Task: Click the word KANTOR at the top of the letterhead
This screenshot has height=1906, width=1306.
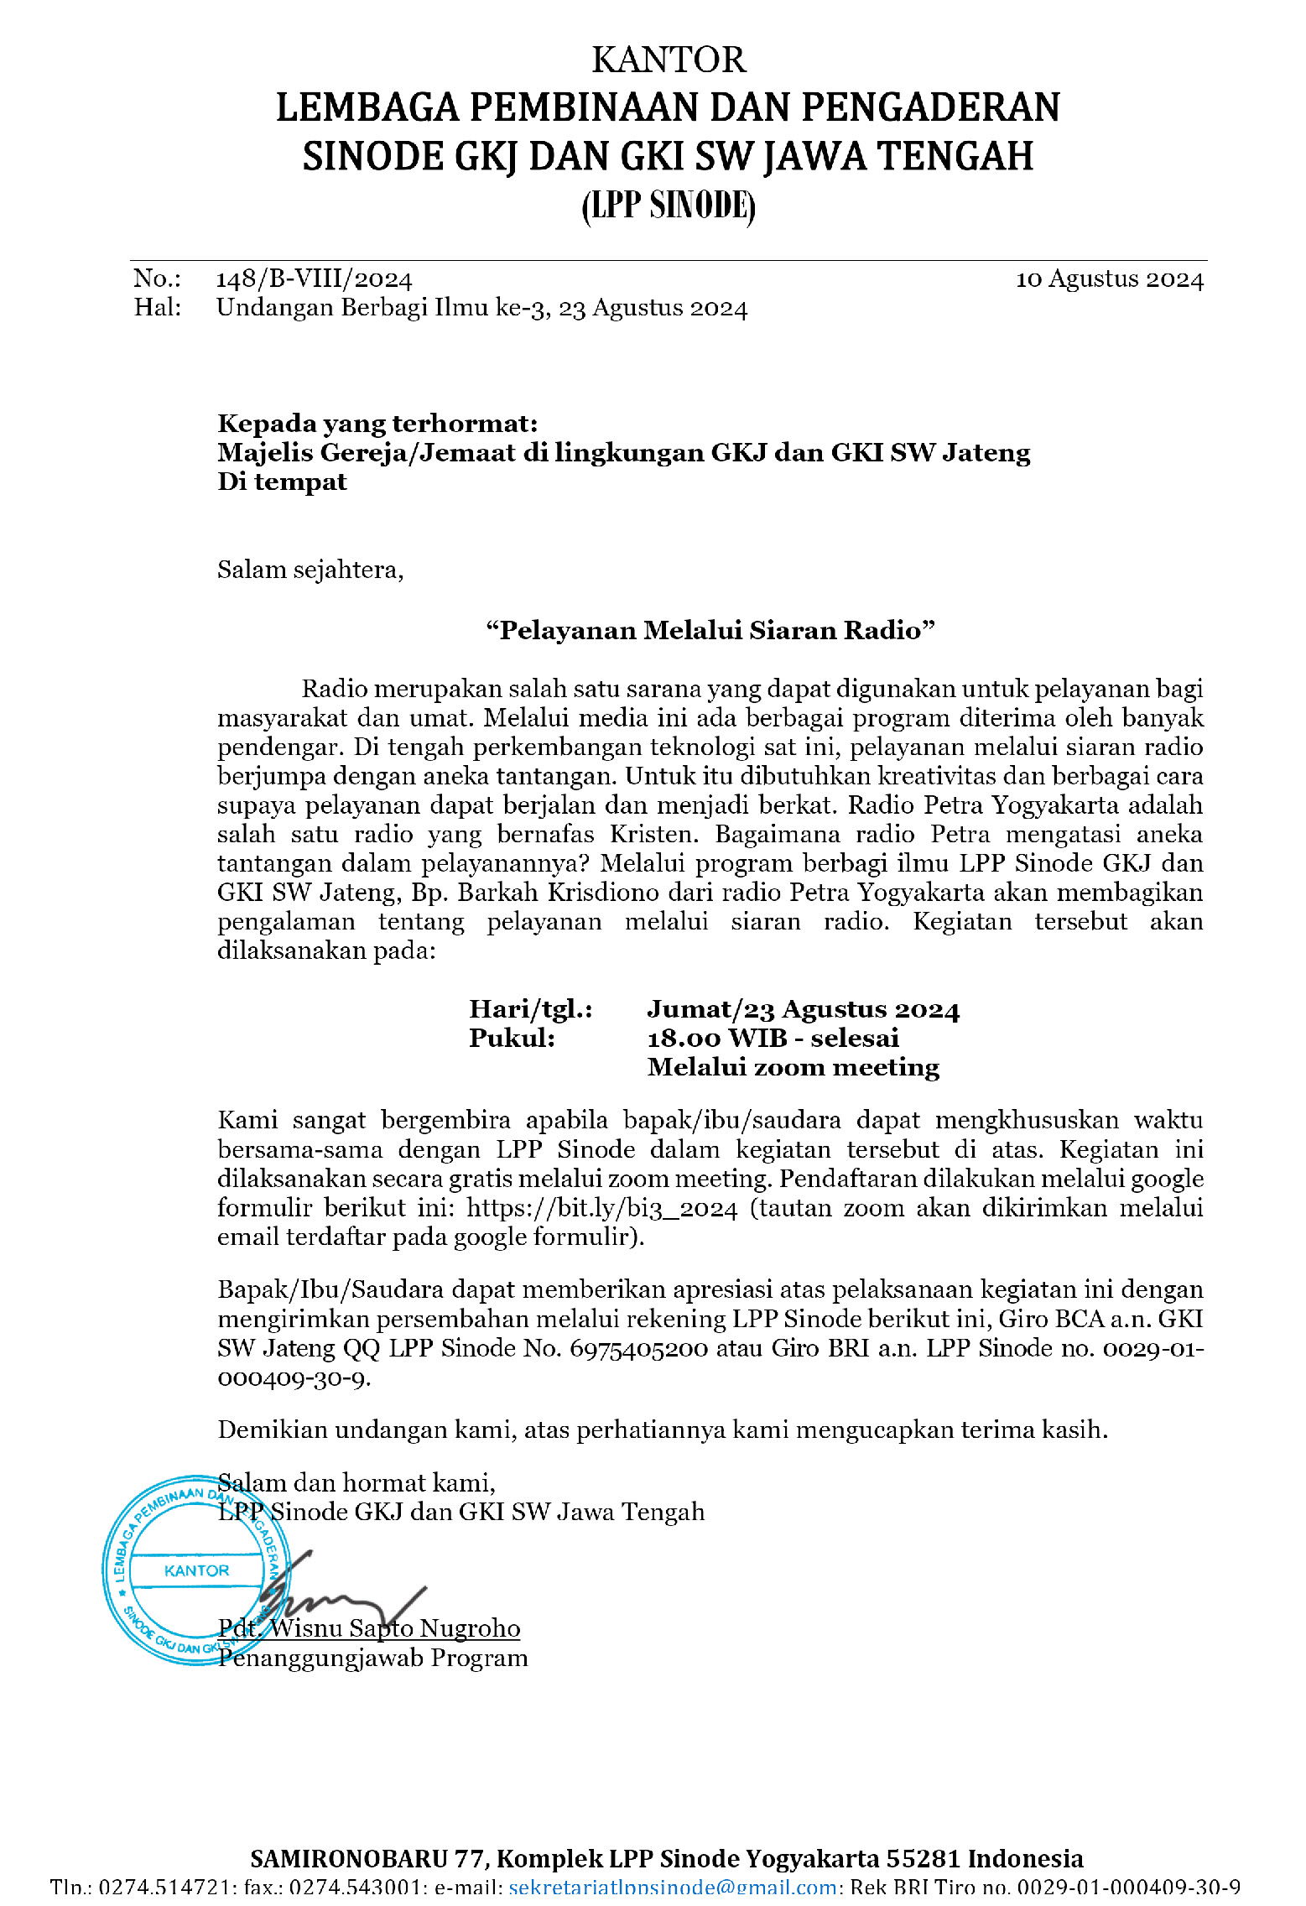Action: (669, 60)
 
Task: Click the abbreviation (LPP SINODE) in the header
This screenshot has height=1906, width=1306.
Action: (669, 206)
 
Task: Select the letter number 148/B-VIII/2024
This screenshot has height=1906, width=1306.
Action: (314, 279)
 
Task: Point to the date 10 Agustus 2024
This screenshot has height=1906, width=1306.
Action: (1110, 279)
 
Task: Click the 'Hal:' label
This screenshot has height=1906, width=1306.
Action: (158, 308)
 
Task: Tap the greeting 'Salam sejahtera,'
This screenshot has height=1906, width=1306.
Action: (310, 570)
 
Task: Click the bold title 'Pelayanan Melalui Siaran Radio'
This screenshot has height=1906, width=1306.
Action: (710, 631)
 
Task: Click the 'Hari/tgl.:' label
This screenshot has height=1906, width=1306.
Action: (530, 1009)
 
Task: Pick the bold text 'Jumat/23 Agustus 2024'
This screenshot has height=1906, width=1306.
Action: (803, 1009)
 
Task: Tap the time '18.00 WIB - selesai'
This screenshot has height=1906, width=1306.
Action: (773, 1039)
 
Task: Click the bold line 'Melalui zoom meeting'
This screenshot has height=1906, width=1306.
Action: (793, 1068)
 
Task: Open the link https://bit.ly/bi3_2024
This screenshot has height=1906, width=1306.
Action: (602, 1209)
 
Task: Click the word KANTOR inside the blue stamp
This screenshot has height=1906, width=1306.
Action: (196, 1570)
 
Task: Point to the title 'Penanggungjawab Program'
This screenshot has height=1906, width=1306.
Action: (373, 1658)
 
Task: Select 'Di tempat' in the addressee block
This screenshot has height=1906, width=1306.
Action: (282, 482)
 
